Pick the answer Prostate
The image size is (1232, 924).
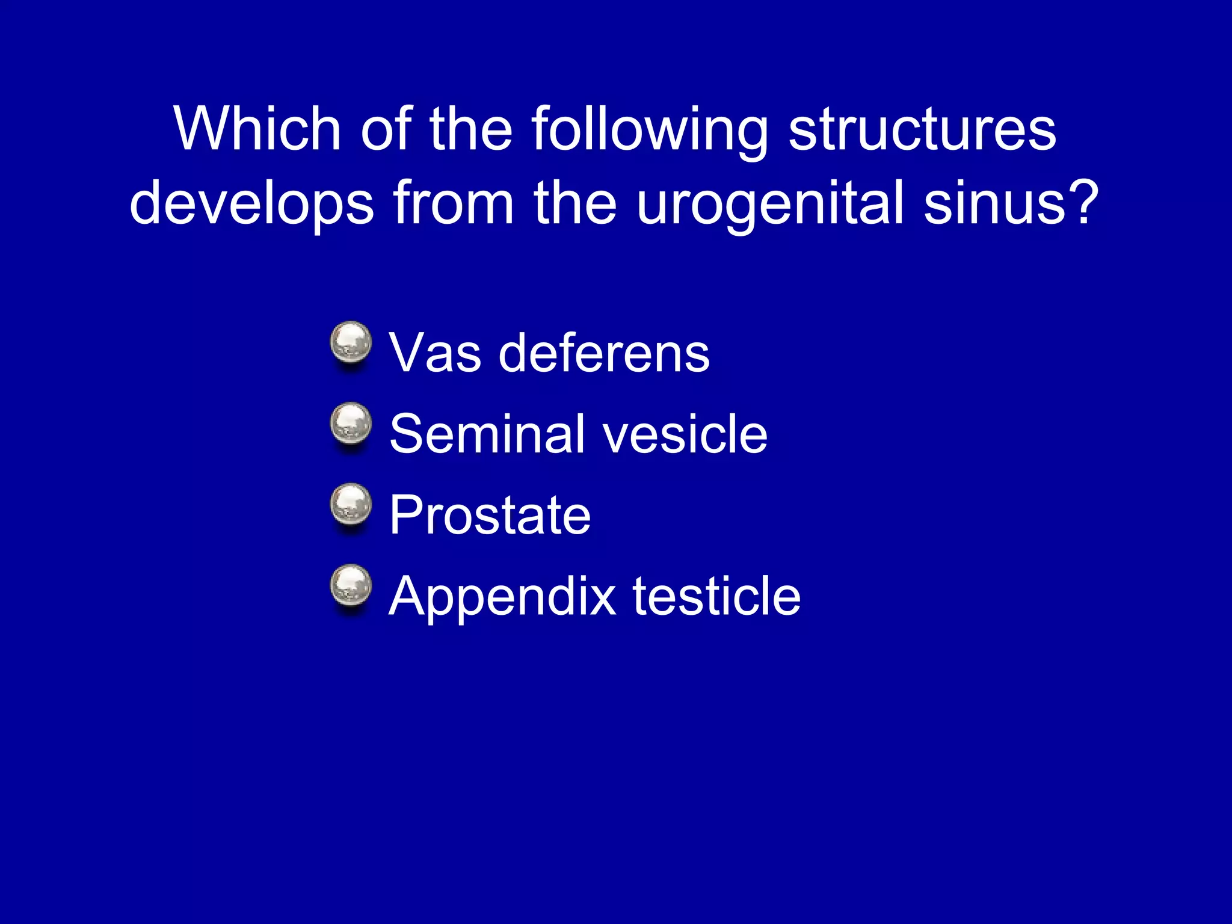[x=490, y=515]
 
